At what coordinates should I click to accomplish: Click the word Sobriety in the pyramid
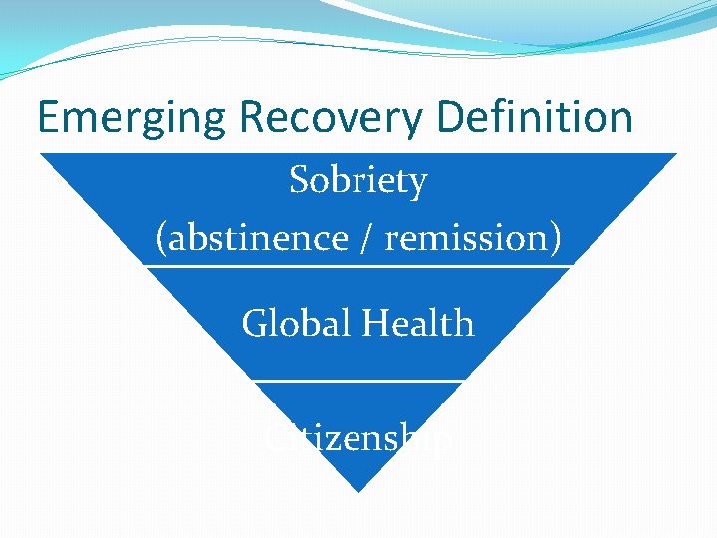tap(358, 181)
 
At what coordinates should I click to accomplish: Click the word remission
tap(467, 238)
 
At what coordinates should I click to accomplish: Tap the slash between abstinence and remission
tap(370, 239)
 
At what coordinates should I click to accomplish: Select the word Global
tap(296, 324)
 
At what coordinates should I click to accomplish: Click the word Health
tap(418, 324)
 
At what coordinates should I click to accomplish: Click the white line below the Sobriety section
tap(358, 266)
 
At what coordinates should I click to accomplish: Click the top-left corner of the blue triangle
tap(41, 154)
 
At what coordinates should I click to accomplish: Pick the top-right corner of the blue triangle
tap(675, 154)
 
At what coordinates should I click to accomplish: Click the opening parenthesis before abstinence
tap(161, 239)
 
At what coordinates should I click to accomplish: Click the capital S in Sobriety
tap(299, 181)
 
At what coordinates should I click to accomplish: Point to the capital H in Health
tap(374, 324)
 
